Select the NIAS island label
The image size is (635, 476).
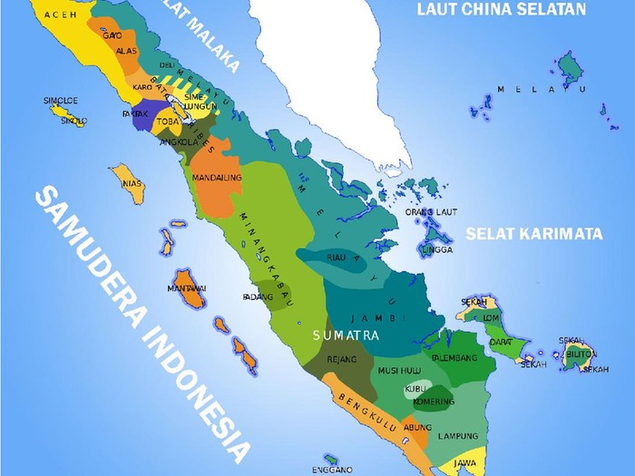[133, 182]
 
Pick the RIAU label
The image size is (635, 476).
[337, 258]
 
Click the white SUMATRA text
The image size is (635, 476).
[344, 335]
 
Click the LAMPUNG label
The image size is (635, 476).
[458, 436]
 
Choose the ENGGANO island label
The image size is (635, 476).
[332, 470]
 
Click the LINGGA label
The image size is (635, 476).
[436, 249]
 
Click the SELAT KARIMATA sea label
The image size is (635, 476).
[534, 233]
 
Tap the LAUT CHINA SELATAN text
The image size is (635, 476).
[501, 10]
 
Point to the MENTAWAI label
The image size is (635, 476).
[187, 289]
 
